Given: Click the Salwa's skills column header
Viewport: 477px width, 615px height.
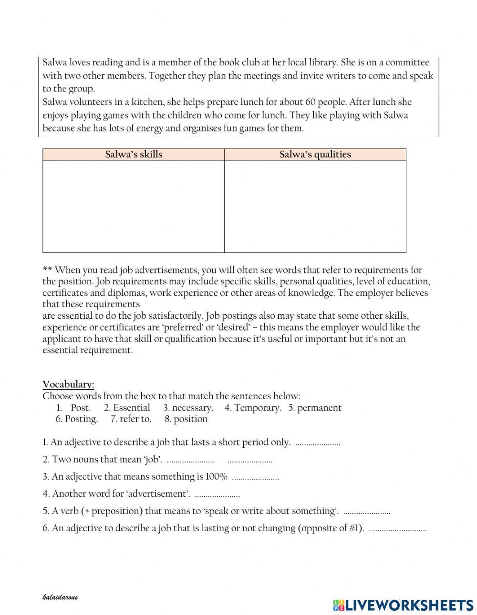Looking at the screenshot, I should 134,154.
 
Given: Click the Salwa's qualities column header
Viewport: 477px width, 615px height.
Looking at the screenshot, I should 315,154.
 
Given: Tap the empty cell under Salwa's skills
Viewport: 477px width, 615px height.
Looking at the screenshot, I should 134,206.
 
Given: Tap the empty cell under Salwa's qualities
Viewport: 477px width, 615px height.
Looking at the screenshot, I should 315,206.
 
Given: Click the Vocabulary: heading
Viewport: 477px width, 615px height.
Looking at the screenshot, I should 68,384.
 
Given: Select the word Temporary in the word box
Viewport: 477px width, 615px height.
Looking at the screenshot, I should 258,408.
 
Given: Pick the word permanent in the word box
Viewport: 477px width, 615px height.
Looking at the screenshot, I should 319,408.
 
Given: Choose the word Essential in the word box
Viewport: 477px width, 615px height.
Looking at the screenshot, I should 131,408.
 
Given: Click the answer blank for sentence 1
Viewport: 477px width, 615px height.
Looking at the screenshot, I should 318,443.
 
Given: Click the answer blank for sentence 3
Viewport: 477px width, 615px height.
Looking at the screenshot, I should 255,477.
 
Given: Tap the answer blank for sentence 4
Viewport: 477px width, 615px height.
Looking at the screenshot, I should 218,494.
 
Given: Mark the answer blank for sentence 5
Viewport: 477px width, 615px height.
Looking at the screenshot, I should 367,512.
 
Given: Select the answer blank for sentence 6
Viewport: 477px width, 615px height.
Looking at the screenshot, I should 398,529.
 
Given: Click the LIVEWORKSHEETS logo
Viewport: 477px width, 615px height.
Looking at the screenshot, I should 403,605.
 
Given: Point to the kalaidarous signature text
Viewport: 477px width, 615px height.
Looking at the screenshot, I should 60,597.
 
